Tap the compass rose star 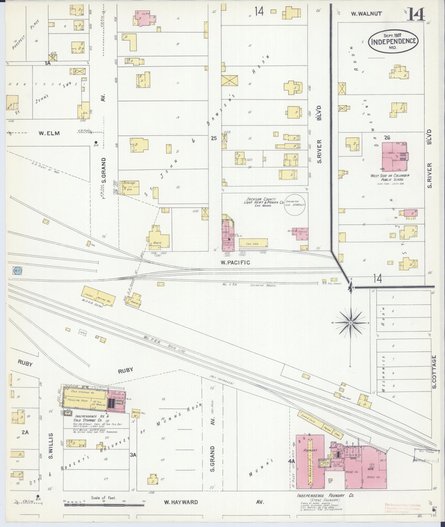tap(350, 323)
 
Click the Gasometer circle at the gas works tap(296, 205)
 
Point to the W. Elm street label tap(49, 133)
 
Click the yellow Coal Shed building tap(253, 243)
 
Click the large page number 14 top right tap(416, 15)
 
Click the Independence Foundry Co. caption tap(325, 495)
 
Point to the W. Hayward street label tap(181, 502)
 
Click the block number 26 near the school tap(386, 137)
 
